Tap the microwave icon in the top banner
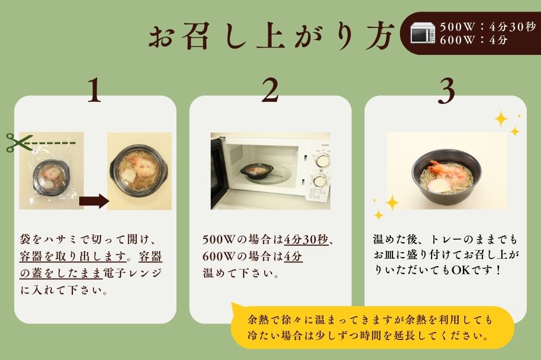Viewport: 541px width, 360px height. [423, 33]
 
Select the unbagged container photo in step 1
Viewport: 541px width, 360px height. [139, 171]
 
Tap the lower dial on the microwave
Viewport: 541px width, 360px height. [319, 181]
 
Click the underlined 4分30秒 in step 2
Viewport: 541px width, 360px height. [306, 240]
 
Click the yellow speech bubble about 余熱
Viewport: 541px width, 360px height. [372, 327]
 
